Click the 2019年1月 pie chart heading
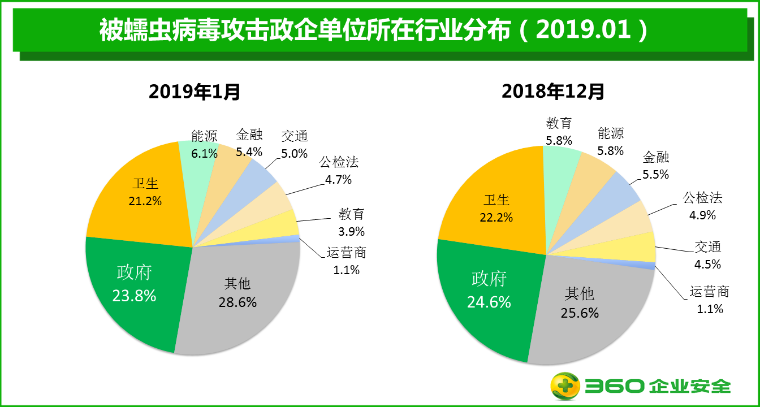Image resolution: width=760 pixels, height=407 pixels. [x=195, y=91]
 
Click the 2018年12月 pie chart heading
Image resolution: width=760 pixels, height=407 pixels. [x=553, y=91]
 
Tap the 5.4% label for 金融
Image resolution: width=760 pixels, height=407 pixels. [x=249, y=152]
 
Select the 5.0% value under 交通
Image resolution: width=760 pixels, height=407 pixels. [x=295, y=153]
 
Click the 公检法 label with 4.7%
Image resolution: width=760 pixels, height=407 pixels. [x=339, y=163]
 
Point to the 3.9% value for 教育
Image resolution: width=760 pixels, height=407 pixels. [x=352, y=231]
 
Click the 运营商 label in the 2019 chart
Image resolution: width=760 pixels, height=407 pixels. [x=346, y=253]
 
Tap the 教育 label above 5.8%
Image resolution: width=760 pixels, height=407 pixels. [x=559, y=123]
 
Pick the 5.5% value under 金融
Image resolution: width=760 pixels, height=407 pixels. [x=656, y=175]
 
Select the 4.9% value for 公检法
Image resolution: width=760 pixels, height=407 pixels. [x=703, y=215]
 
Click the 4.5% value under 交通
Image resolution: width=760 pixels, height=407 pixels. [x=708, y=264]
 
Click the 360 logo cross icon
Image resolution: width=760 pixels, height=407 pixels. [x=566, y=387]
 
